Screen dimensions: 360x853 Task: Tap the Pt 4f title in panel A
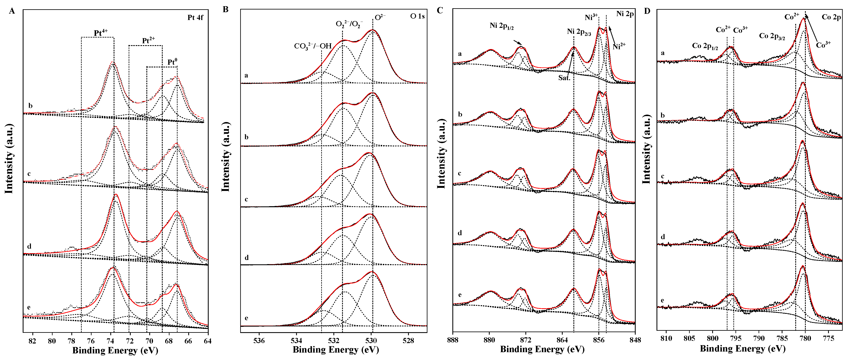pyautogui.click(x=195, y=18)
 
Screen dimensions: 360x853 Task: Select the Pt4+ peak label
pyautogui.click(x=101, y=33)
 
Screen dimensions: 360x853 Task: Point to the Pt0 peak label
pyautogui.click(x=172, y=62)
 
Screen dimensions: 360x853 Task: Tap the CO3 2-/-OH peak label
pyautogui.click(x=313, y=46)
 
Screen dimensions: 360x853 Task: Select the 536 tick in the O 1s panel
pyautogui.click(x=259, y=340)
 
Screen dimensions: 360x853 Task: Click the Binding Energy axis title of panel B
pyautogui.click(x=335, y=350)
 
